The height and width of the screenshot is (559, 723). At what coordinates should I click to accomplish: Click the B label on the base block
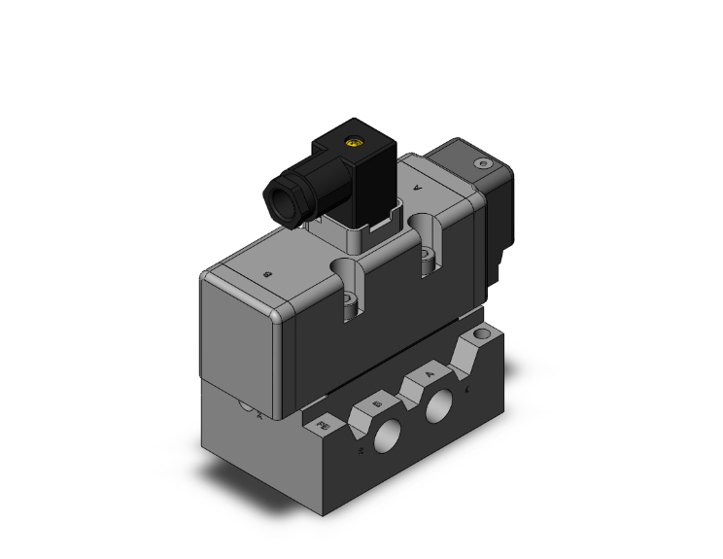tap(377, 400)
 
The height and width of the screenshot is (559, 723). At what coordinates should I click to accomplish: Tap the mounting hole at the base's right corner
tap(478, 336)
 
